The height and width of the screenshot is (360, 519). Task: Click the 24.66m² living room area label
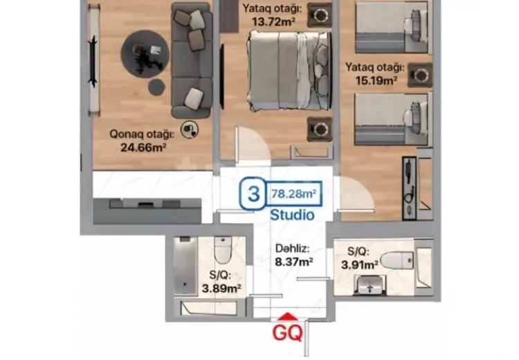143,147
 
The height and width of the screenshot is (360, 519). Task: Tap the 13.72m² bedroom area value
273,22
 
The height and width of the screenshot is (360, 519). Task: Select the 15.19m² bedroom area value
376,80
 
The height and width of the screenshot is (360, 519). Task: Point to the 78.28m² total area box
293,193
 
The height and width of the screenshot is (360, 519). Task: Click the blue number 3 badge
253,194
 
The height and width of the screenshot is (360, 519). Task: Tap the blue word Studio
292,215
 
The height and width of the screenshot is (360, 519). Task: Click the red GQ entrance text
287,332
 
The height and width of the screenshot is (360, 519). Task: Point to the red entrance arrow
288,316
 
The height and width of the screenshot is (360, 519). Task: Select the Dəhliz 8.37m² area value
294,262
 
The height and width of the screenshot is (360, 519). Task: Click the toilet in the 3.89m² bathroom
222,249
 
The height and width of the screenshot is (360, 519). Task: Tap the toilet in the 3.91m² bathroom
397,260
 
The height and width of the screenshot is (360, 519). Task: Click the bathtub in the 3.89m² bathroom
185,265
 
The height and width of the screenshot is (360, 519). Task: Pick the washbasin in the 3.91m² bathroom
370,286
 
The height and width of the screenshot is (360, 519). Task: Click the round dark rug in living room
145,54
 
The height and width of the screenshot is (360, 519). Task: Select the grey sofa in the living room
192,60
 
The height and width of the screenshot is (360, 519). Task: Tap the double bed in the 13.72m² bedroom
289,70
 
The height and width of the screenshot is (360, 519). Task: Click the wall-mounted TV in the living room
93,62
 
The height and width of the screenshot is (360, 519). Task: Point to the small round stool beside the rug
156,87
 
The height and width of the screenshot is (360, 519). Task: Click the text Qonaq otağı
142,134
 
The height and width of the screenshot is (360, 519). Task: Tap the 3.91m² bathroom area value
360,265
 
